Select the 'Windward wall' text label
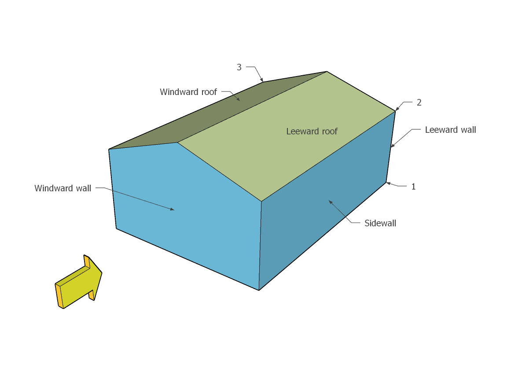63,188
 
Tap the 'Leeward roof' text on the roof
312,131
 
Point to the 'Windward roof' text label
188,92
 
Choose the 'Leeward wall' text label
450,130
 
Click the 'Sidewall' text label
380,223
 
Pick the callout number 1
414,186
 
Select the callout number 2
419,102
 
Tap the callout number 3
239,67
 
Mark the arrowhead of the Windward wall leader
173,209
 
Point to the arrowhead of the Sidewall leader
330,202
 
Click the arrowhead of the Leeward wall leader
392,146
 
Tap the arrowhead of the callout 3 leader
262,80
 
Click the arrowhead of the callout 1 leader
389,183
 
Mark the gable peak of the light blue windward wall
177,143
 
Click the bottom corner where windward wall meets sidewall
259,290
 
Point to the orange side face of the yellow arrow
59,296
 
